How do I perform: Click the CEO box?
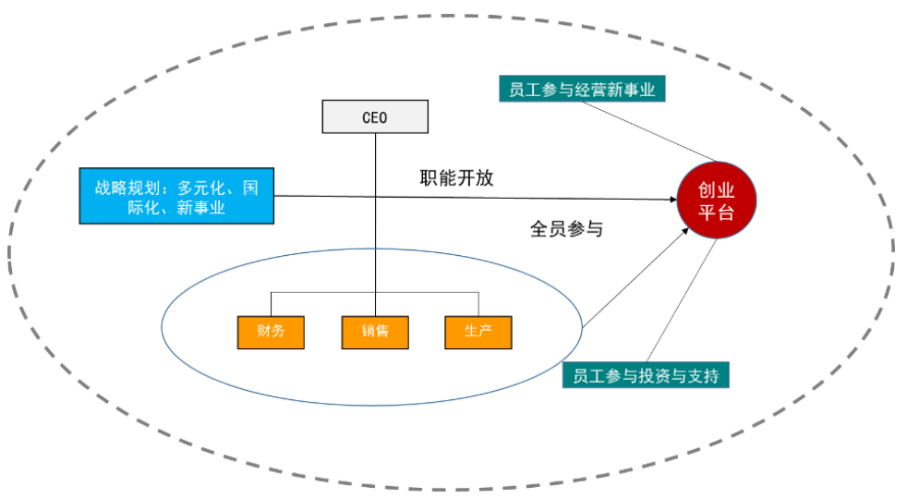click(x=375, y=116)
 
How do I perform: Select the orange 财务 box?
click(x=270, y=332)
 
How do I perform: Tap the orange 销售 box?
click(x=375, y=332)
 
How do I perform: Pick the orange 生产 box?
click(x=478, y=332)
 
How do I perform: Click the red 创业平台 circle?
click(x=717, y=201)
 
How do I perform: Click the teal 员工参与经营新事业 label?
click(x=582, y=90)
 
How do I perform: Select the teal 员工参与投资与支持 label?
click(x=646, y=376)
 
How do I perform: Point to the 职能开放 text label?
click(x=456, y=178)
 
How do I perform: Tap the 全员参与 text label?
click(x=566, y=227)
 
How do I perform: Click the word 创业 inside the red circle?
click(x=717, y=190)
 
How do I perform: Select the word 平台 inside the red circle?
click(x=717, y=213)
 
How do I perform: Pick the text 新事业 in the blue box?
click(x=201, y=209)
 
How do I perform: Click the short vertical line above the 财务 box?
click(x=271, y=304)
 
